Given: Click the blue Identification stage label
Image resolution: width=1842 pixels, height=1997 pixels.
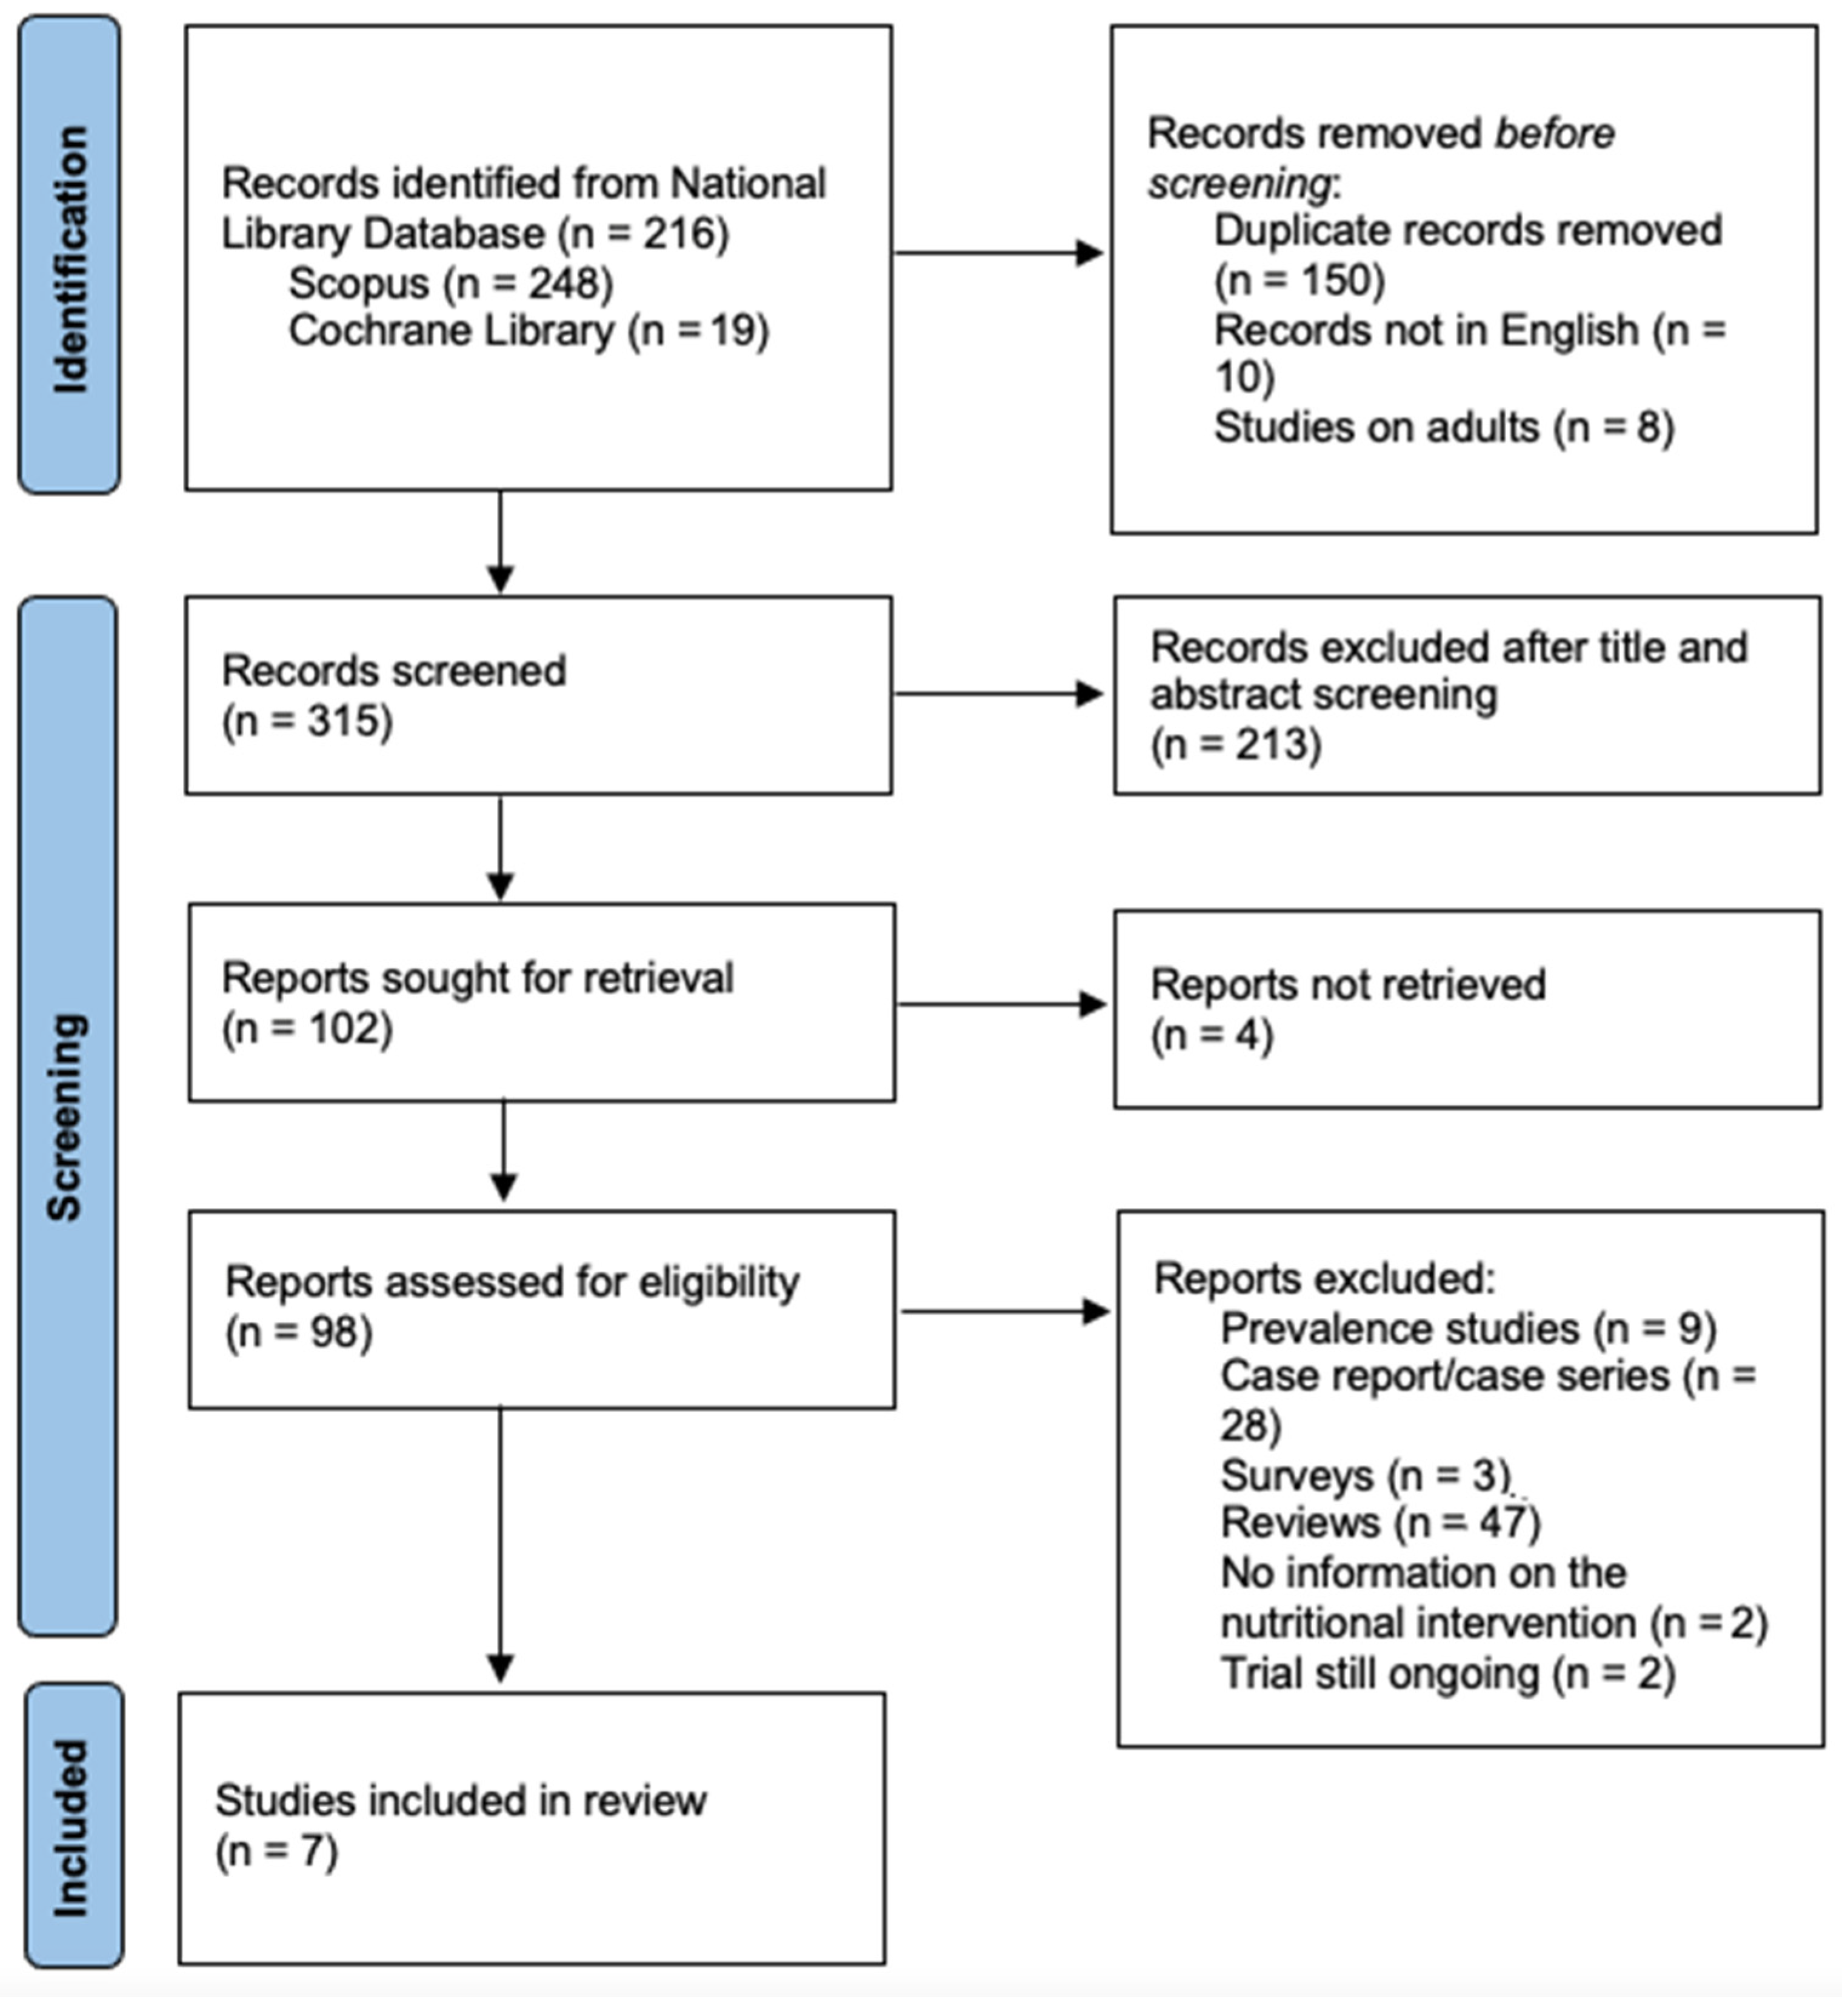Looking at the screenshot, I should click(x=70, y=255).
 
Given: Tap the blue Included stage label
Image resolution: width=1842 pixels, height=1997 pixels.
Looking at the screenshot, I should click(x=73, y=1825).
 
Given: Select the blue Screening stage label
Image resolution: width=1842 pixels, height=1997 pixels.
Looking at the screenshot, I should click(x=67, y=1116).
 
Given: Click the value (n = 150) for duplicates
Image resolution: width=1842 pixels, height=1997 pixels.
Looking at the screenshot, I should click(x=1299, y=280).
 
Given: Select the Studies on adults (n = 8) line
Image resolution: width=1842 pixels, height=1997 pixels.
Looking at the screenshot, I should click(x=1443, y=427).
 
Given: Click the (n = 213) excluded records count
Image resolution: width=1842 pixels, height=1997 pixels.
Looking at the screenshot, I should click(x=1236, y=744).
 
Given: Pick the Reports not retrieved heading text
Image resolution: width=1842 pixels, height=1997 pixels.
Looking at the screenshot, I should click(x=1347, y=984).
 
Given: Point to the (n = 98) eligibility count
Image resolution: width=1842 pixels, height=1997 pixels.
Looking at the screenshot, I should click(x=299, y=1332).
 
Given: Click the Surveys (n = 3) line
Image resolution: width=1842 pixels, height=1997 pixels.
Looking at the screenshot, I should click(x=1366, y=1475).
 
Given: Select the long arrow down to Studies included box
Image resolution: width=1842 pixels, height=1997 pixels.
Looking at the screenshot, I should click(x=501, y=1545).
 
